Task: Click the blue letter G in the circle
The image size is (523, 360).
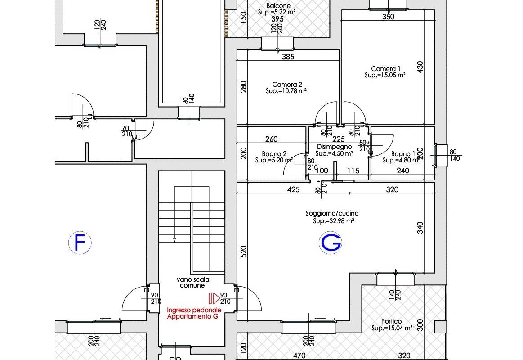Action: click(x=331, y=243)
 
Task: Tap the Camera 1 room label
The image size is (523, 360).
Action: click(x=386, y=69)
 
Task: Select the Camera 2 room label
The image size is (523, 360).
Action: click(x=287, y=85)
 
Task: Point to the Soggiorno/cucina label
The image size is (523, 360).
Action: click(x=332, y=213)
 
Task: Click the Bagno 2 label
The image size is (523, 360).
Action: click(x=274, y=154)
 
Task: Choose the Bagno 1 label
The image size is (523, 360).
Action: click(x=403, y=154)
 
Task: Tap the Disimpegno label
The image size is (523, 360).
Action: click(x=334, y=146)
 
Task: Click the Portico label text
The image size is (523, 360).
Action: click(x=391, y=321)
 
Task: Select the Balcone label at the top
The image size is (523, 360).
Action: click(x=278, y=6)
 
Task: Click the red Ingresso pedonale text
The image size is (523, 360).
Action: click(x=194, y=310)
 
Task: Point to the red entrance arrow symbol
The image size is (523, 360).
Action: click(x=214, y=298)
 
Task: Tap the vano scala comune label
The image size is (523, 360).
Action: click(x=193, y=282)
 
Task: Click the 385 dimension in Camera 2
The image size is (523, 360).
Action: click(x=288, y=57)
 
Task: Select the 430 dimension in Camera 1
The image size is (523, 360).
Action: click(x=420, y=67)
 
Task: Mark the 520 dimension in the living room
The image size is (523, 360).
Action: click(x=243, y=251)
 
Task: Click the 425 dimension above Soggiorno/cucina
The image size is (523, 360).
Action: click(x=293, y=189)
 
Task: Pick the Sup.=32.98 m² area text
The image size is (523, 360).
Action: click(x=333, y=221)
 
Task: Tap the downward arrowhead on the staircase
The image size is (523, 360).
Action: click(x=174, y=240)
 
